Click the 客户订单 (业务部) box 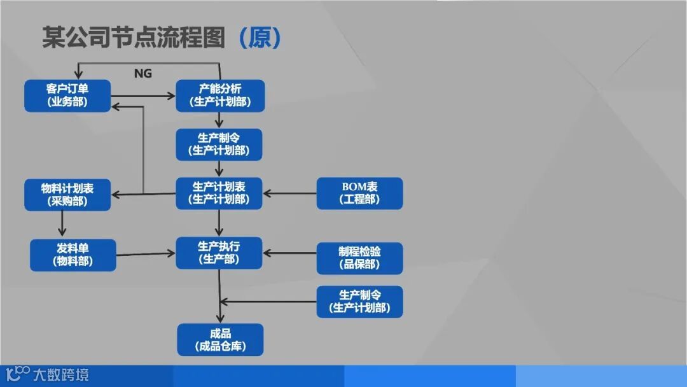tap(67, 95)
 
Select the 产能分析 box tap(219, 95)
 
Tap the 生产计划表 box tap(219, 193)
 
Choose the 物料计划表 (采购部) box tap(67, 195)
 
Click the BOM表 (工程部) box tap(359, 193)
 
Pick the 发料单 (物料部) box tap(73, 255)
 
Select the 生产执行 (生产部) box tap(219, 252)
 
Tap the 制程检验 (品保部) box tap(359, 258)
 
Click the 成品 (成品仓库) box tap(219, 340)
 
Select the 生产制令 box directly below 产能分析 tap(219, 144)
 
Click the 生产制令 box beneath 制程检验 tap(359, 302)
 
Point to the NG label tap(143, 73)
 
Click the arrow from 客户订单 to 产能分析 tap(143, 96)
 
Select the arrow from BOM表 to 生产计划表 tap(289, 193)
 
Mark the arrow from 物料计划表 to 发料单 tap(62, 224)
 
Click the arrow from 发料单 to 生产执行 tap(146, 254)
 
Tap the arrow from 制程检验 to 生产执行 tap(289, 253)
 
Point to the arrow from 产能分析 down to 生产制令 tap(219, 120)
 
